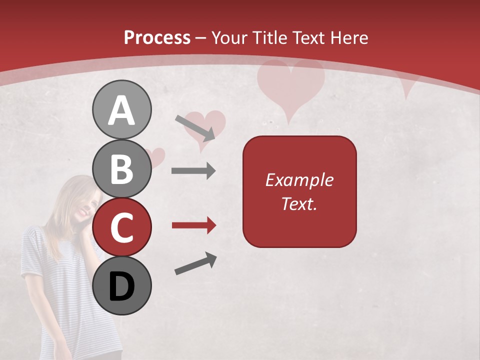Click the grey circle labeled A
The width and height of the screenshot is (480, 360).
121,109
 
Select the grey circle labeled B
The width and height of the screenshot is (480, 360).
121,168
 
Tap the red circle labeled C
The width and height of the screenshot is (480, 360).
121,227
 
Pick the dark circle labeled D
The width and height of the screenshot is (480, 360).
121,285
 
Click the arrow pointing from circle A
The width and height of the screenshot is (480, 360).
195,127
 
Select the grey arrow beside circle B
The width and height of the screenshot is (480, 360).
193,171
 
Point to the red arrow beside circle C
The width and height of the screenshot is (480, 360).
193,225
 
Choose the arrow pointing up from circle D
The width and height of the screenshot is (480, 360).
195,263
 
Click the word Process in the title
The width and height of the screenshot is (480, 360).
157,37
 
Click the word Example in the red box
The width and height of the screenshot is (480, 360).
299,180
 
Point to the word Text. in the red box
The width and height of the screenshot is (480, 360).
299,203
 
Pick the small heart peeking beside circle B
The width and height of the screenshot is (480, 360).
157,156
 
